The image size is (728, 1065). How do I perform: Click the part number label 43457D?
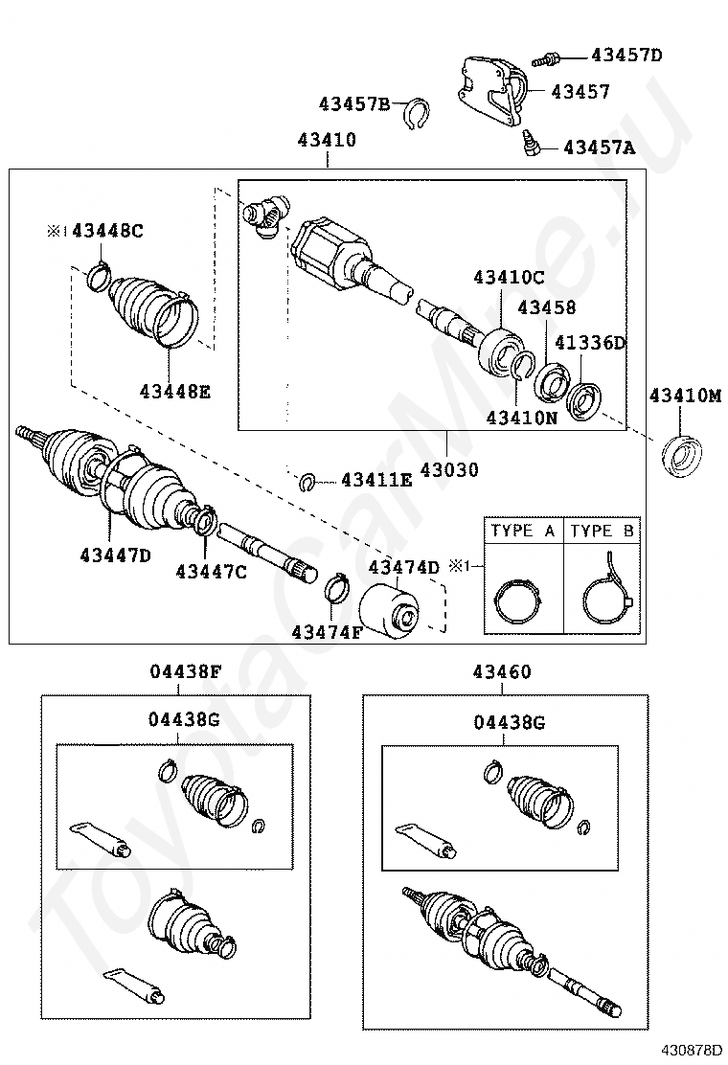[626, 55]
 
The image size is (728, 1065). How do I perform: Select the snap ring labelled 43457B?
[414, 113]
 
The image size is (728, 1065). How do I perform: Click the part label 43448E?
[174, 391]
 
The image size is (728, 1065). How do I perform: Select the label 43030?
[449, 471]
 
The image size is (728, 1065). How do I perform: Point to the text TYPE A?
[522, 531]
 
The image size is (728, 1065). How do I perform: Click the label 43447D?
[115, 554]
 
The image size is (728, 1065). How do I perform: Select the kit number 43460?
[501, 672]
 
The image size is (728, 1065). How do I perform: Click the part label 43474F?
[326, 632]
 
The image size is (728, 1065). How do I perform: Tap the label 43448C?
[108, 231]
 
